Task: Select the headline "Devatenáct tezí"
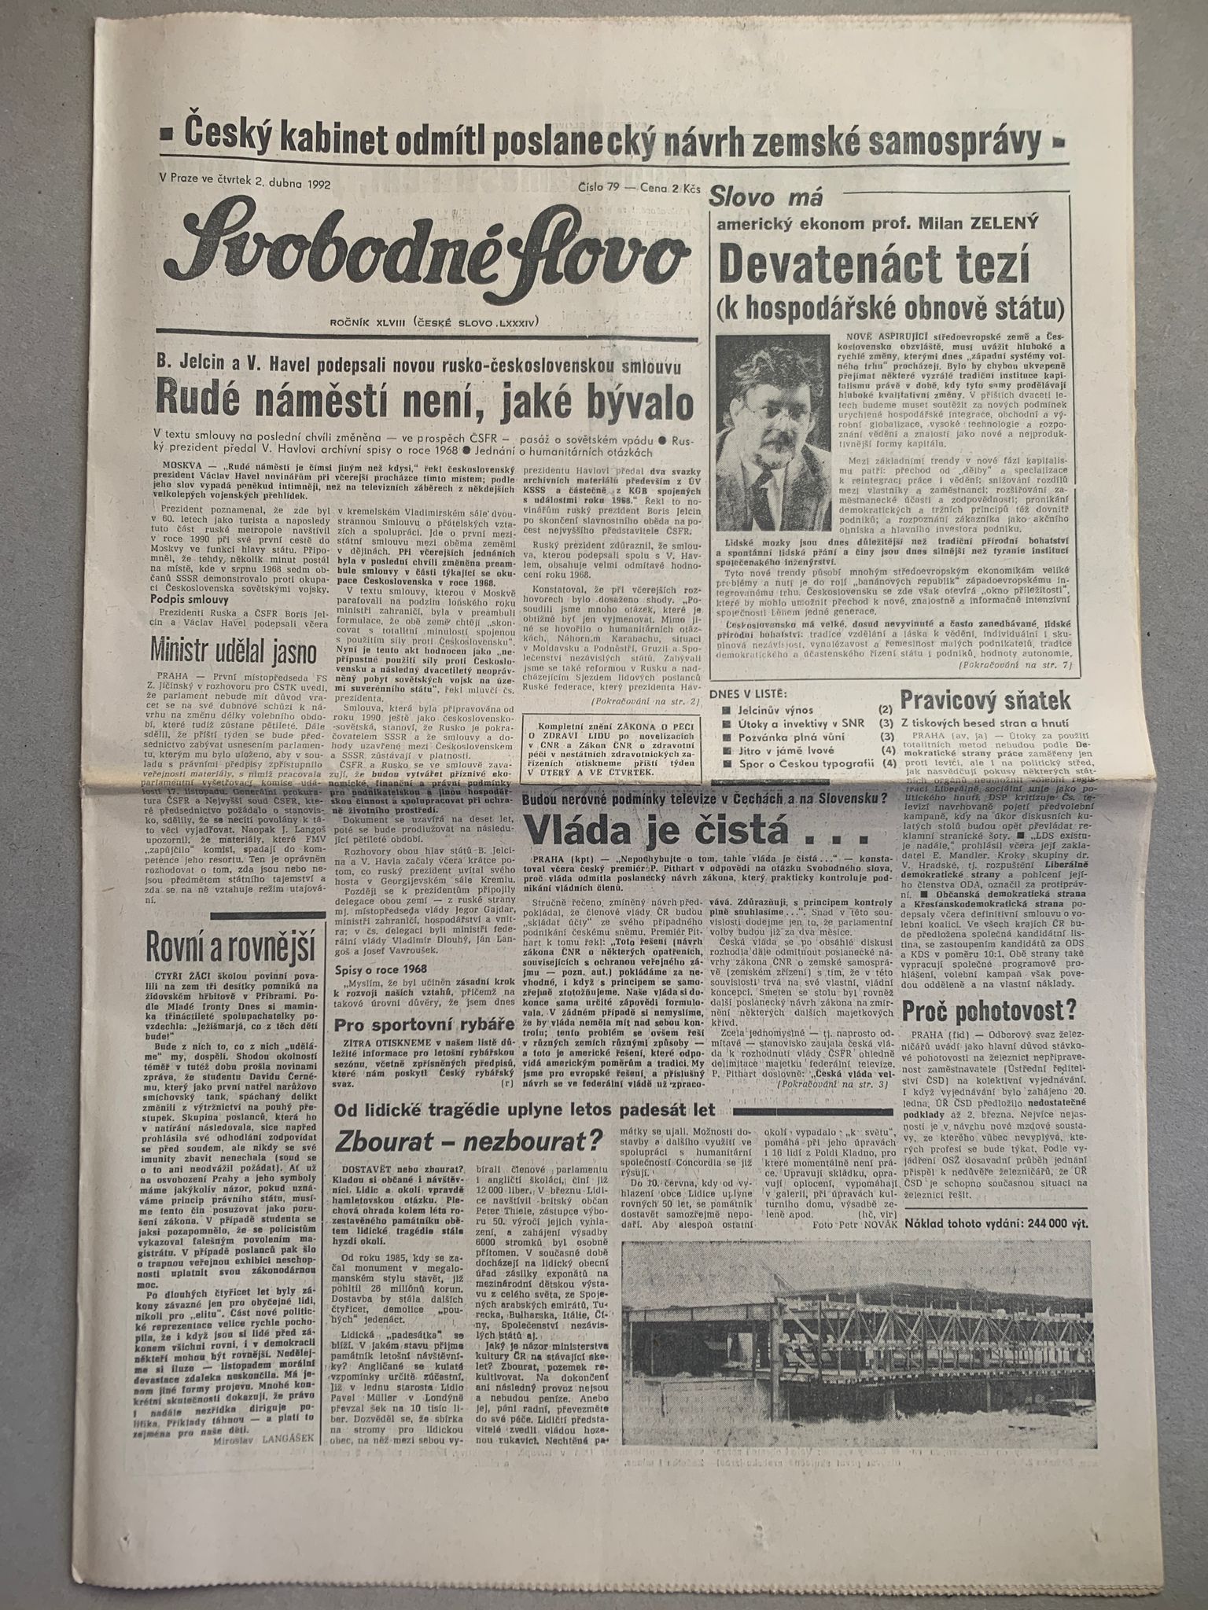874,268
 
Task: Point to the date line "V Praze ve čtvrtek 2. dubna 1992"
245,182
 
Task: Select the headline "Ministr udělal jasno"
236,651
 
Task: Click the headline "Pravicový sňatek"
985,700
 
